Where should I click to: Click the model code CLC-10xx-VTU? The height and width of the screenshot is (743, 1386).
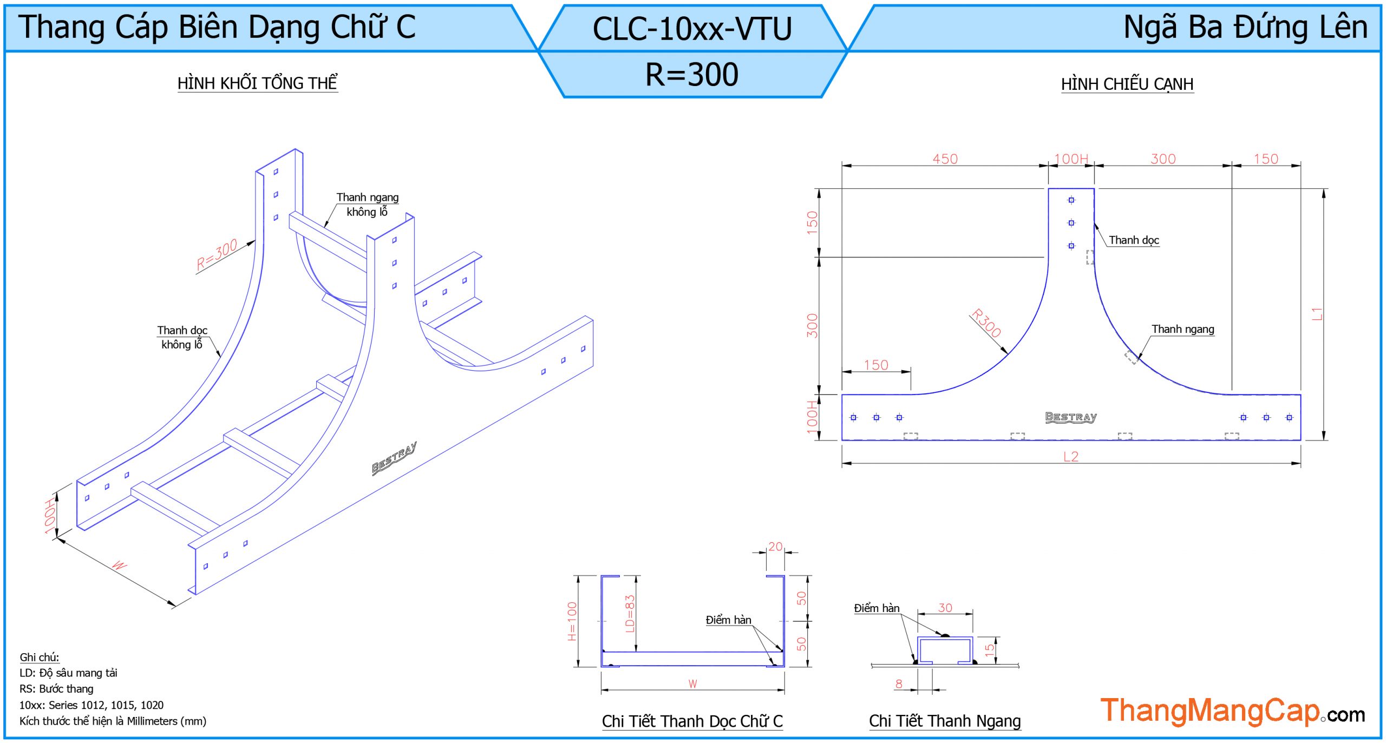pos(692,29)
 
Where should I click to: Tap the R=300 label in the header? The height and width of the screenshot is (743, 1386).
pos(692,74)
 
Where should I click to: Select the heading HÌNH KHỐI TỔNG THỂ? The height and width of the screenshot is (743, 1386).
pos(257,83)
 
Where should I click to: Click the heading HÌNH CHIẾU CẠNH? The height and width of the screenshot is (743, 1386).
pos(1127,84)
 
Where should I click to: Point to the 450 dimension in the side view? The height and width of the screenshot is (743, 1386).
pos(945,159)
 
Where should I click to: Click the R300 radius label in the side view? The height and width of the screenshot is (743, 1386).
pos(986,323)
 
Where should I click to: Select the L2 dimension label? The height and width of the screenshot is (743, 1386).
pos(1070,456)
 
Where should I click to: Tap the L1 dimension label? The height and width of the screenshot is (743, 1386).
pos(1317,314)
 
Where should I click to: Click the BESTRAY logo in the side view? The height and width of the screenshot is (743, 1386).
pos(1070,417)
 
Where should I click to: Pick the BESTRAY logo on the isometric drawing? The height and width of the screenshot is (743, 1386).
pos(394,458)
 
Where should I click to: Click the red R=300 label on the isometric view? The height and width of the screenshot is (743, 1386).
pos(217,254)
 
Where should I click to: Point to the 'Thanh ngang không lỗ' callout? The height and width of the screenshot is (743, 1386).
pos(367,205)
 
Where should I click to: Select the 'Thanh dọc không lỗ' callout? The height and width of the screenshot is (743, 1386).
pos(182,337)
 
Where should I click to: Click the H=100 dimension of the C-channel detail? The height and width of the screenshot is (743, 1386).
pos(572,621)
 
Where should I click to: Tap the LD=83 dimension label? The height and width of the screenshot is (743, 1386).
pos(629,614)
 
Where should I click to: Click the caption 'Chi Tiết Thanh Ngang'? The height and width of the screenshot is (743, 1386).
pos(945,721)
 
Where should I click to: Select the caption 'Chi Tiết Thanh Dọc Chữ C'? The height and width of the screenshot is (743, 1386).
pos(692,721)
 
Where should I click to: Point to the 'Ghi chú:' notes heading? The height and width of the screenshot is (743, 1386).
pos(40,657)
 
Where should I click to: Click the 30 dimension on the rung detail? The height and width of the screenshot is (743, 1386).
pos(945,608)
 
